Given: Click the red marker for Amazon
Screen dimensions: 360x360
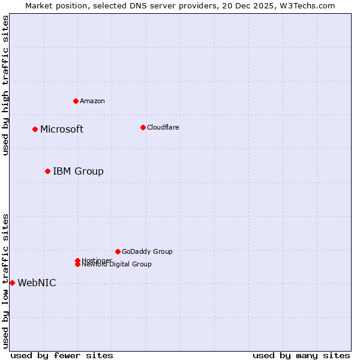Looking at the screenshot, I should pos(76,101).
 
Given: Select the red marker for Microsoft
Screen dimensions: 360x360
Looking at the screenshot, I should pos(35,129).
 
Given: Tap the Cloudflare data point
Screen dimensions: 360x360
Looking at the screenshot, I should pos(143,127).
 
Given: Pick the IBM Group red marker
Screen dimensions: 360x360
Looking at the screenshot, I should pos(47,171).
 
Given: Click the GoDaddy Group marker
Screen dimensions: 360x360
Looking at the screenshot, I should pos(118,251).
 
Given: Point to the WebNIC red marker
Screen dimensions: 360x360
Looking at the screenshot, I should pos(12,283).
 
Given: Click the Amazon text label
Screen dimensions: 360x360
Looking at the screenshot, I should pos(92,101).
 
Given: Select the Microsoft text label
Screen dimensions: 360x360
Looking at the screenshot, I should pos(62,130).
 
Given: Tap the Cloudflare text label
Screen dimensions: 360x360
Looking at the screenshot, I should pos(163,127).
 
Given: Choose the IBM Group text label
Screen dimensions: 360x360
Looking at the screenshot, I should pos(78,172).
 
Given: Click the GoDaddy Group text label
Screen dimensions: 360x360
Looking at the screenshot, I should pos(147,251).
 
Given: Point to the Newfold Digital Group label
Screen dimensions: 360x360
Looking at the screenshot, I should pos(117,265).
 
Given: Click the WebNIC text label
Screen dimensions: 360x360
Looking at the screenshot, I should pos(37,283).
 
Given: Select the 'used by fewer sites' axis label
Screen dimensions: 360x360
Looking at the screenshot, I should pos(62,355).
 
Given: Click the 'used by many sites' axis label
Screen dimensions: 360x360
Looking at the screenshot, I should pos(301,355).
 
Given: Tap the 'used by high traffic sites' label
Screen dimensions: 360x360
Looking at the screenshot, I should pos(5,85).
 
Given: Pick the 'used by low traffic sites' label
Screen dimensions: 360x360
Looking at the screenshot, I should pos(5,281).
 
